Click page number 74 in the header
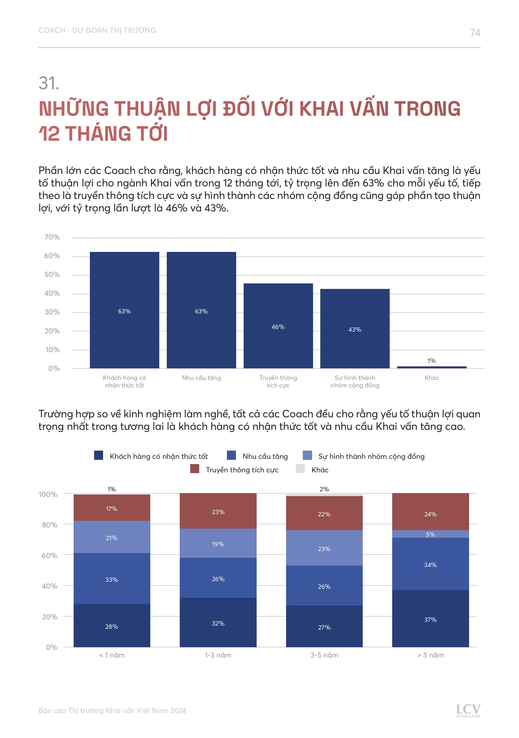coord(475,32)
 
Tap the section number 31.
coord(49,83)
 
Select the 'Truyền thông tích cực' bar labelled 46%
coord(278,326)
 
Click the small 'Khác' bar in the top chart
coord(432,367)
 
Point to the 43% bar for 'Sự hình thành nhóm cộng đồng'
coord(355,328)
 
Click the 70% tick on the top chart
coord(52,237)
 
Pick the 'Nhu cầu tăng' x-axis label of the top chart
coord(201,378)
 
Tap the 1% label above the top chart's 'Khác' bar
coord(432,361)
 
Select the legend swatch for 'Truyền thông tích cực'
coord(195,469)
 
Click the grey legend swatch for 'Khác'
coord(300,469)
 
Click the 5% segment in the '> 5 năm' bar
coord(430,534)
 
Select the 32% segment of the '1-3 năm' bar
coord(218,623)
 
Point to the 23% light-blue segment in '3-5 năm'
coord(324,548)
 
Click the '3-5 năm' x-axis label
coord(324,655)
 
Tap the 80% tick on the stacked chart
coord(49,525)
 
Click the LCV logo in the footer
coord(469,710)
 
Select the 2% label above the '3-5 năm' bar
coord(324,489)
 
